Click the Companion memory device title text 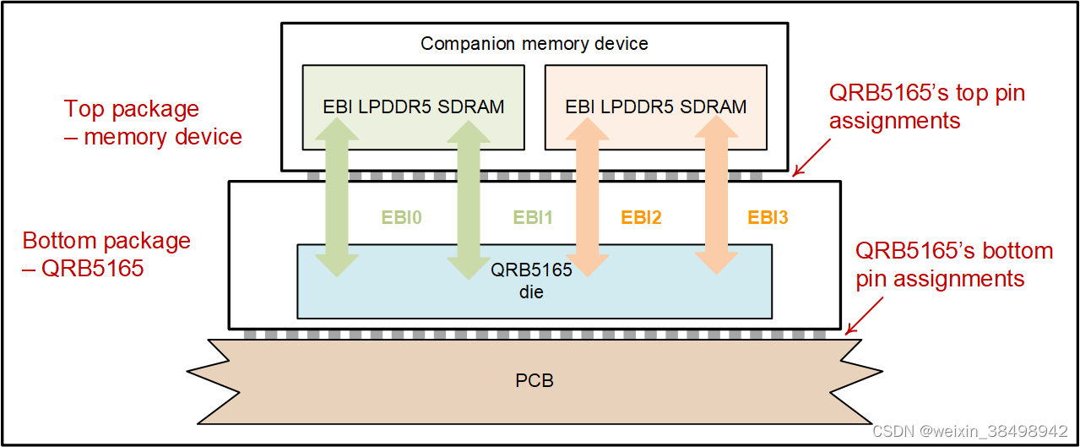click(x=534, y=44)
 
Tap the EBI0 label click(x=401, y=218)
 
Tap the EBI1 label click(x=532, y=218)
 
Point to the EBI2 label click(x=641, y=218)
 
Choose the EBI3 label click(x=767, y=218)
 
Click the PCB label click(x=534, y=380)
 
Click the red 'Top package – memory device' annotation click(x=153, y=123)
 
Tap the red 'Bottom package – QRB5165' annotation click(x=106, y=254)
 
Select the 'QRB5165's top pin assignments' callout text click(x=926, y=106)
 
